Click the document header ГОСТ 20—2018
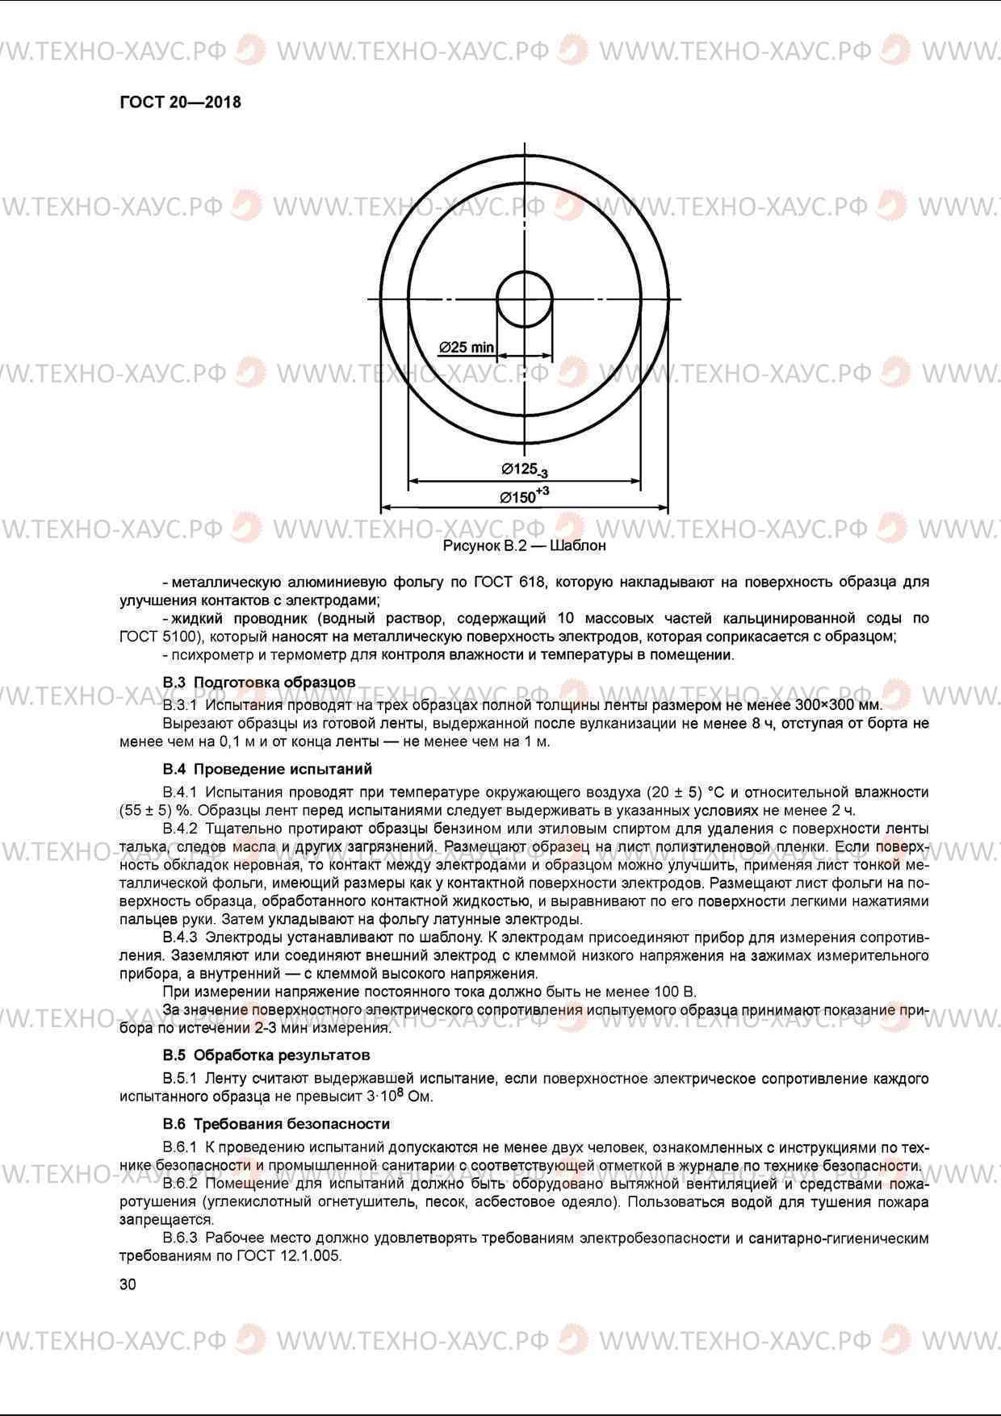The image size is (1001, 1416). click(x=180, y=102)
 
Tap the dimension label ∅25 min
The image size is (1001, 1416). click(x=467, y=348)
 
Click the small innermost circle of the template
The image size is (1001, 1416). click(x=525, y=299)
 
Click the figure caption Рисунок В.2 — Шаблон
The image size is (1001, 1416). click(x=524, y=546)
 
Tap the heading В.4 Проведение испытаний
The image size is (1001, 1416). click(x=267, y=769)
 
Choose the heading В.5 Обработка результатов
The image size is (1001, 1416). click(x=266, y=1055)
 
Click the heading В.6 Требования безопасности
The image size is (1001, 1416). click(x=276, y=1124)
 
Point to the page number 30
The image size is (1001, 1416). click(x=128, y=1284)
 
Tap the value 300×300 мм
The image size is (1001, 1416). click(x=840, y=705)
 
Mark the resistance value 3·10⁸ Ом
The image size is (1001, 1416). click(x=400, y=1096)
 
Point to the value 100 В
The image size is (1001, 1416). click(x=675, y=992)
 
